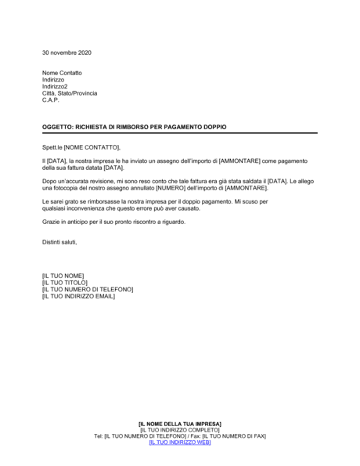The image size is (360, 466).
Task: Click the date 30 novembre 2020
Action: [x=67, y=52]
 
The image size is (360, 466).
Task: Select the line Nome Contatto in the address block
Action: [x=62, y=73]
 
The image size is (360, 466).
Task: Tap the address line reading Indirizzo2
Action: [x=55, y=86]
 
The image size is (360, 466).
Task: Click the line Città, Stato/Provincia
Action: [x=70, y=93]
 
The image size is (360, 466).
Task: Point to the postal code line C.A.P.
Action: [x=51, y=100]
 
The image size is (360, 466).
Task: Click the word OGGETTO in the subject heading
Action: [x=56, y=126]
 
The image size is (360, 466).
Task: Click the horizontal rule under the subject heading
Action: [x=179, y=133]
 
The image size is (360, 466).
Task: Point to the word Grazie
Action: [x=51, y=222]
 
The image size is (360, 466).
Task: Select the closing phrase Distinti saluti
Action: [x=60, y=242]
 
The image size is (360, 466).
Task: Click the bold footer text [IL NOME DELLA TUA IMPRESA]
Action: [x=179, y=424]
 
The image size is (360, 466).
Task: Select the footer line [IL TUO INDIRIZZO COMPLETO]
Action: [x=179, y=430]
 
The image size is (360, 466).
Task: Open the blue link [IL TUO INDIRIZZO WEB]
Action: [x=179, y=443]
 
